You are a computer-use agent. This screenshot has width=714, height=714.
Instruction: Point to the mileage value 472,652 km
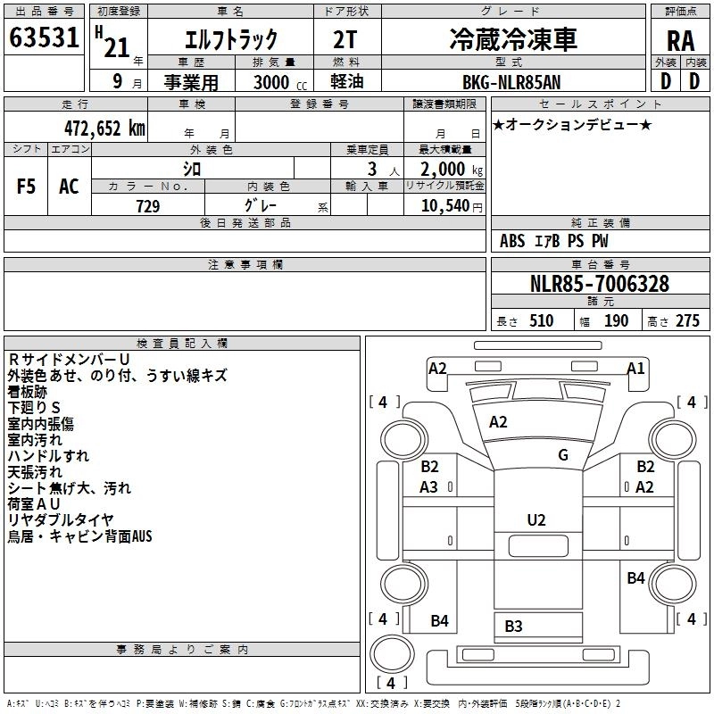(x=104, y=128)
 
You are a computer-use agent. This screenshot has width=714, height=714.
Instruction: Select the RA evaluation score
(x=681, y=40)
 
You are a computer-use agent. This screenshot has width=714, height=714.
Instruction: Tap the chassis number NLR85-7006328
(x=600, y=284)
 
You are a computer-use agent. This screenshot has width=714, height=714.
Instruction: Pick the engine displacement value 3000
(x=271, y=82)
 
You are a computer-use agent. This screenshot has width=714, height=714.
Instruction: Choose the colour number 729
(x=147, y=206)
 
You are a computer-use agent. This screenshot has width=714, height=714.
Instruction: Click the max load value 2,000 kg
(x=447, y=169)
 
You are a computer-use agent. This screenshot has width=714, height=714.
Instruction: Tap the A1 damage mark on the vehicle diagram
(x=635, y=368)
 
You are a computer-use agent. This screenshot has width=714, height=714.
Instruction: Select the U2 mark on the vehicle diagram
(x=536, y=520)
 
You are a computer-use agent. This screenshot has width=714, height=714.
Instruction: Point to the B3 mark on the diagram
(x=513, y=626)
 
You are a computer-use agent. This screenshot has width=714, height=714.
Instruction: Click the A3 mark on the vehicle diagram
(x=429, y=486)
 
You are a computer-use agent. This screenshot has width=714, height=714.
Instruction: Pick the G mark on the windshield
(x=563, y=455)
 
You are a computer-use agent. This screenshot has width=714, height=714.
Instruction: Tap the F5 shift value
(x=27, y=187)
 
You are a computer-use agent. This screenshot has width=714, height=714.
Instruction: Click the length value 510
(x=541, y=320)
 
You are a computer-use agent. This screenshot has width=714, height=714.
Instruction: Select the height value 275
(x=687, y=320)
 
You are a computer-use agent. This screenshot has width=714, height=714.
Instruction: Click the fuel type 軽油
(x=345, y=82)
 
